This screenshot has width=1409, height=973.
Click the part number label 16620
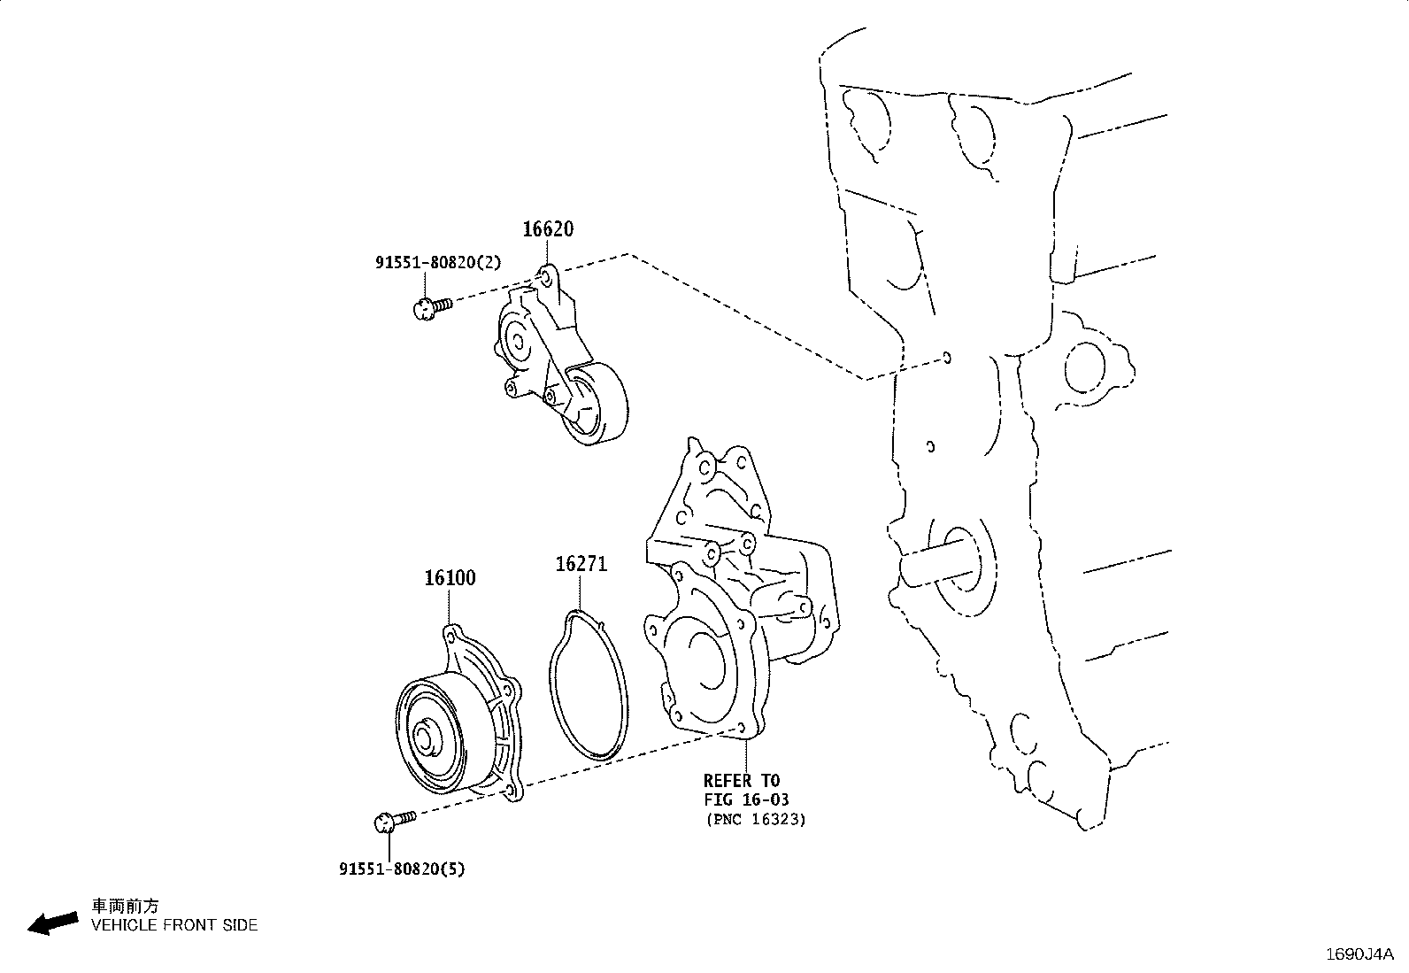click(547, 229)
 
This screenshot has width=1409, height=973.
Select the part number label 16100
click(450, 578)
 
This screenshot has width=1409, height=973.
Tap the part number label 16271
click(581, 564)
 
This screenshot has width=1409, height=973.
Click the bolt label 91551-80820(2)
click(437, 262)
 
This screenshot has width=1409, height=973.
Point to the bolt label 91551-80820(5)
click(401, 869)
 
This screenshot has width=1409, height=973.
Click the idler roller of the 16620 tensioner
click(598, 407)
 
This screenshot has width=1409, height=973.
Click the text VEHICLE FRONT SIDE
click(174, 925)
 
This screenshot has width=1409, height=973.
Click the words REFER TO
click(742, 781)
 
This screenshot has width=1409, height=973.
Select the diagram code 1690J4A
click(1359, 954)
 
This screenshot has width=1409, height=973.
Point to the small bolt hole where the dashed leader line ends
click(947, 358)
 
